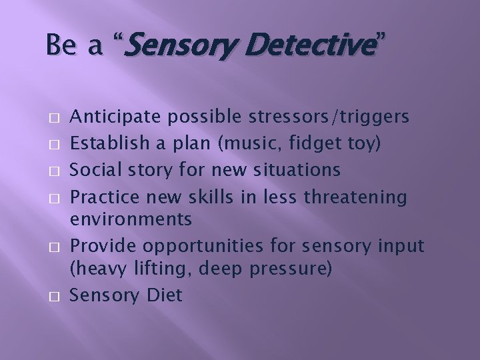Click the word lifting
click(x=151, y=270)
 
